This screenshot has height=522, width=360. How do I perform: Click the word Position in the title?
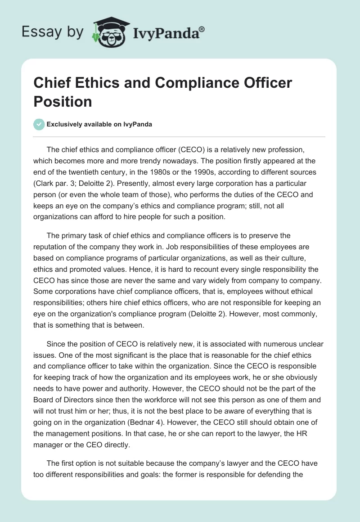(x=63, y=101)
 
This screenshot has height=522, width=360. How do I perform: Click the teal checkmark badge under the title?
(x=39, y=124)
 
